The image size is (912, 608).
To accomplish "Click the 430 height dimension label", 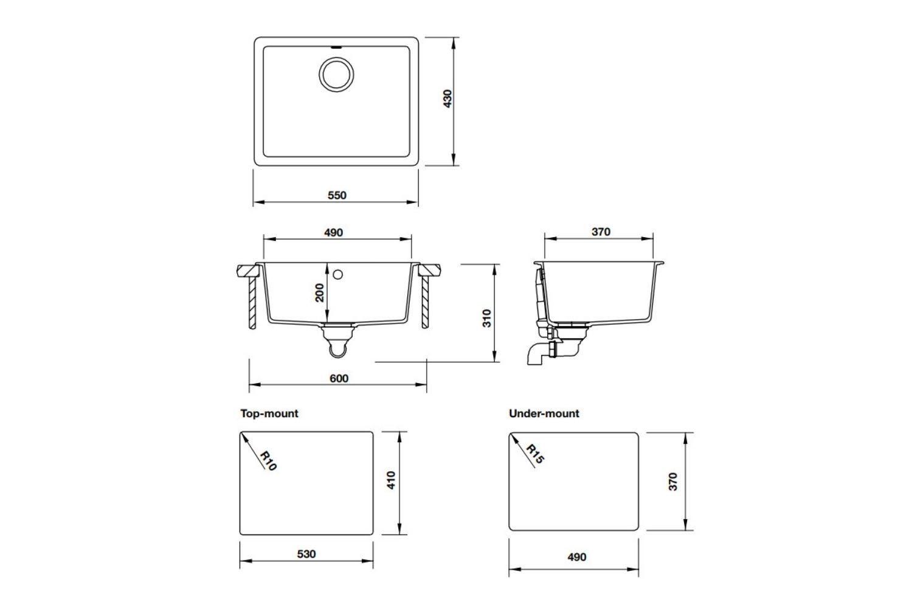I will coord(447,99).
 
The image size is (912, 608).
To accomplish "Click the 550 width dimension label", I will coord(337,195).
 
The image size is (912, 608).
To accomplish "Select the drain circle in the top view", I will coord(335,75).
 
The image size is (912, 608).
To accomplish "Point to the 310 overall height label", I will coord(486,318).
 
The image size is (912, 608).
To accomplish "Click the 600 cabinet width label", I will coord(339,378).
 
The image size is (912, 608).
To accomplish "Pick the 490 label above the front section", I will coord(333,232).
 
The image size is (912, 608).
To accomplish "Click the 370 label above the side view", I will coord(600,232).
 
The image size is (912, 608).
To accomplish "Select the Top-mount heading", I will coord(269,413).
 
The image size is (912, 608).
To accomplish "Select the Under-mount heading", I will coord(544,413).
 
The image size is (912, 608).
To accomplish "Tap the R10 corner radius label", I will coord(268,460).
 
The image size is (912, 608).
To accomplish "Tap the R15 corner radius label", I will coord(535,454).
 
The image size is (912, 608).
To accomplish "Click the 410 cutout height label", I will coord(391,480).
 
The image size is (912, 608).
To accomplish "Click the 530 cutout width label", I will coord(306,554).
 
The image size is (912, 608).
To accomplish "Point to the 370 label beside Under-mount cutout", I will coord(672,482).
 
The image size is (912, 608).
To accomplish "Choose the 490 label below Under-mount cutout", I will coord(576,557).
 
